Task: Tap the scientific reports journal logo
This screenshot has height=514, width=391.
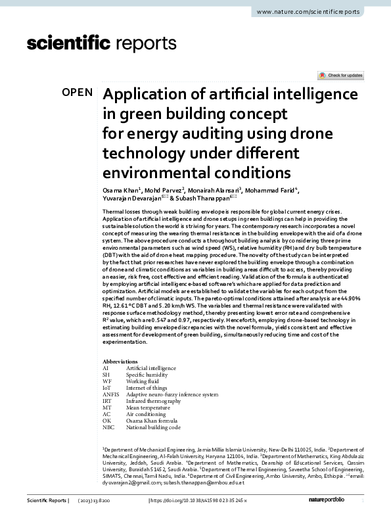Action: (x=101, y=44)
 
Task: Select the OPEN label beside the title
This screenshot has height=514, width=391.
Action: (x=78, y=92)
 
